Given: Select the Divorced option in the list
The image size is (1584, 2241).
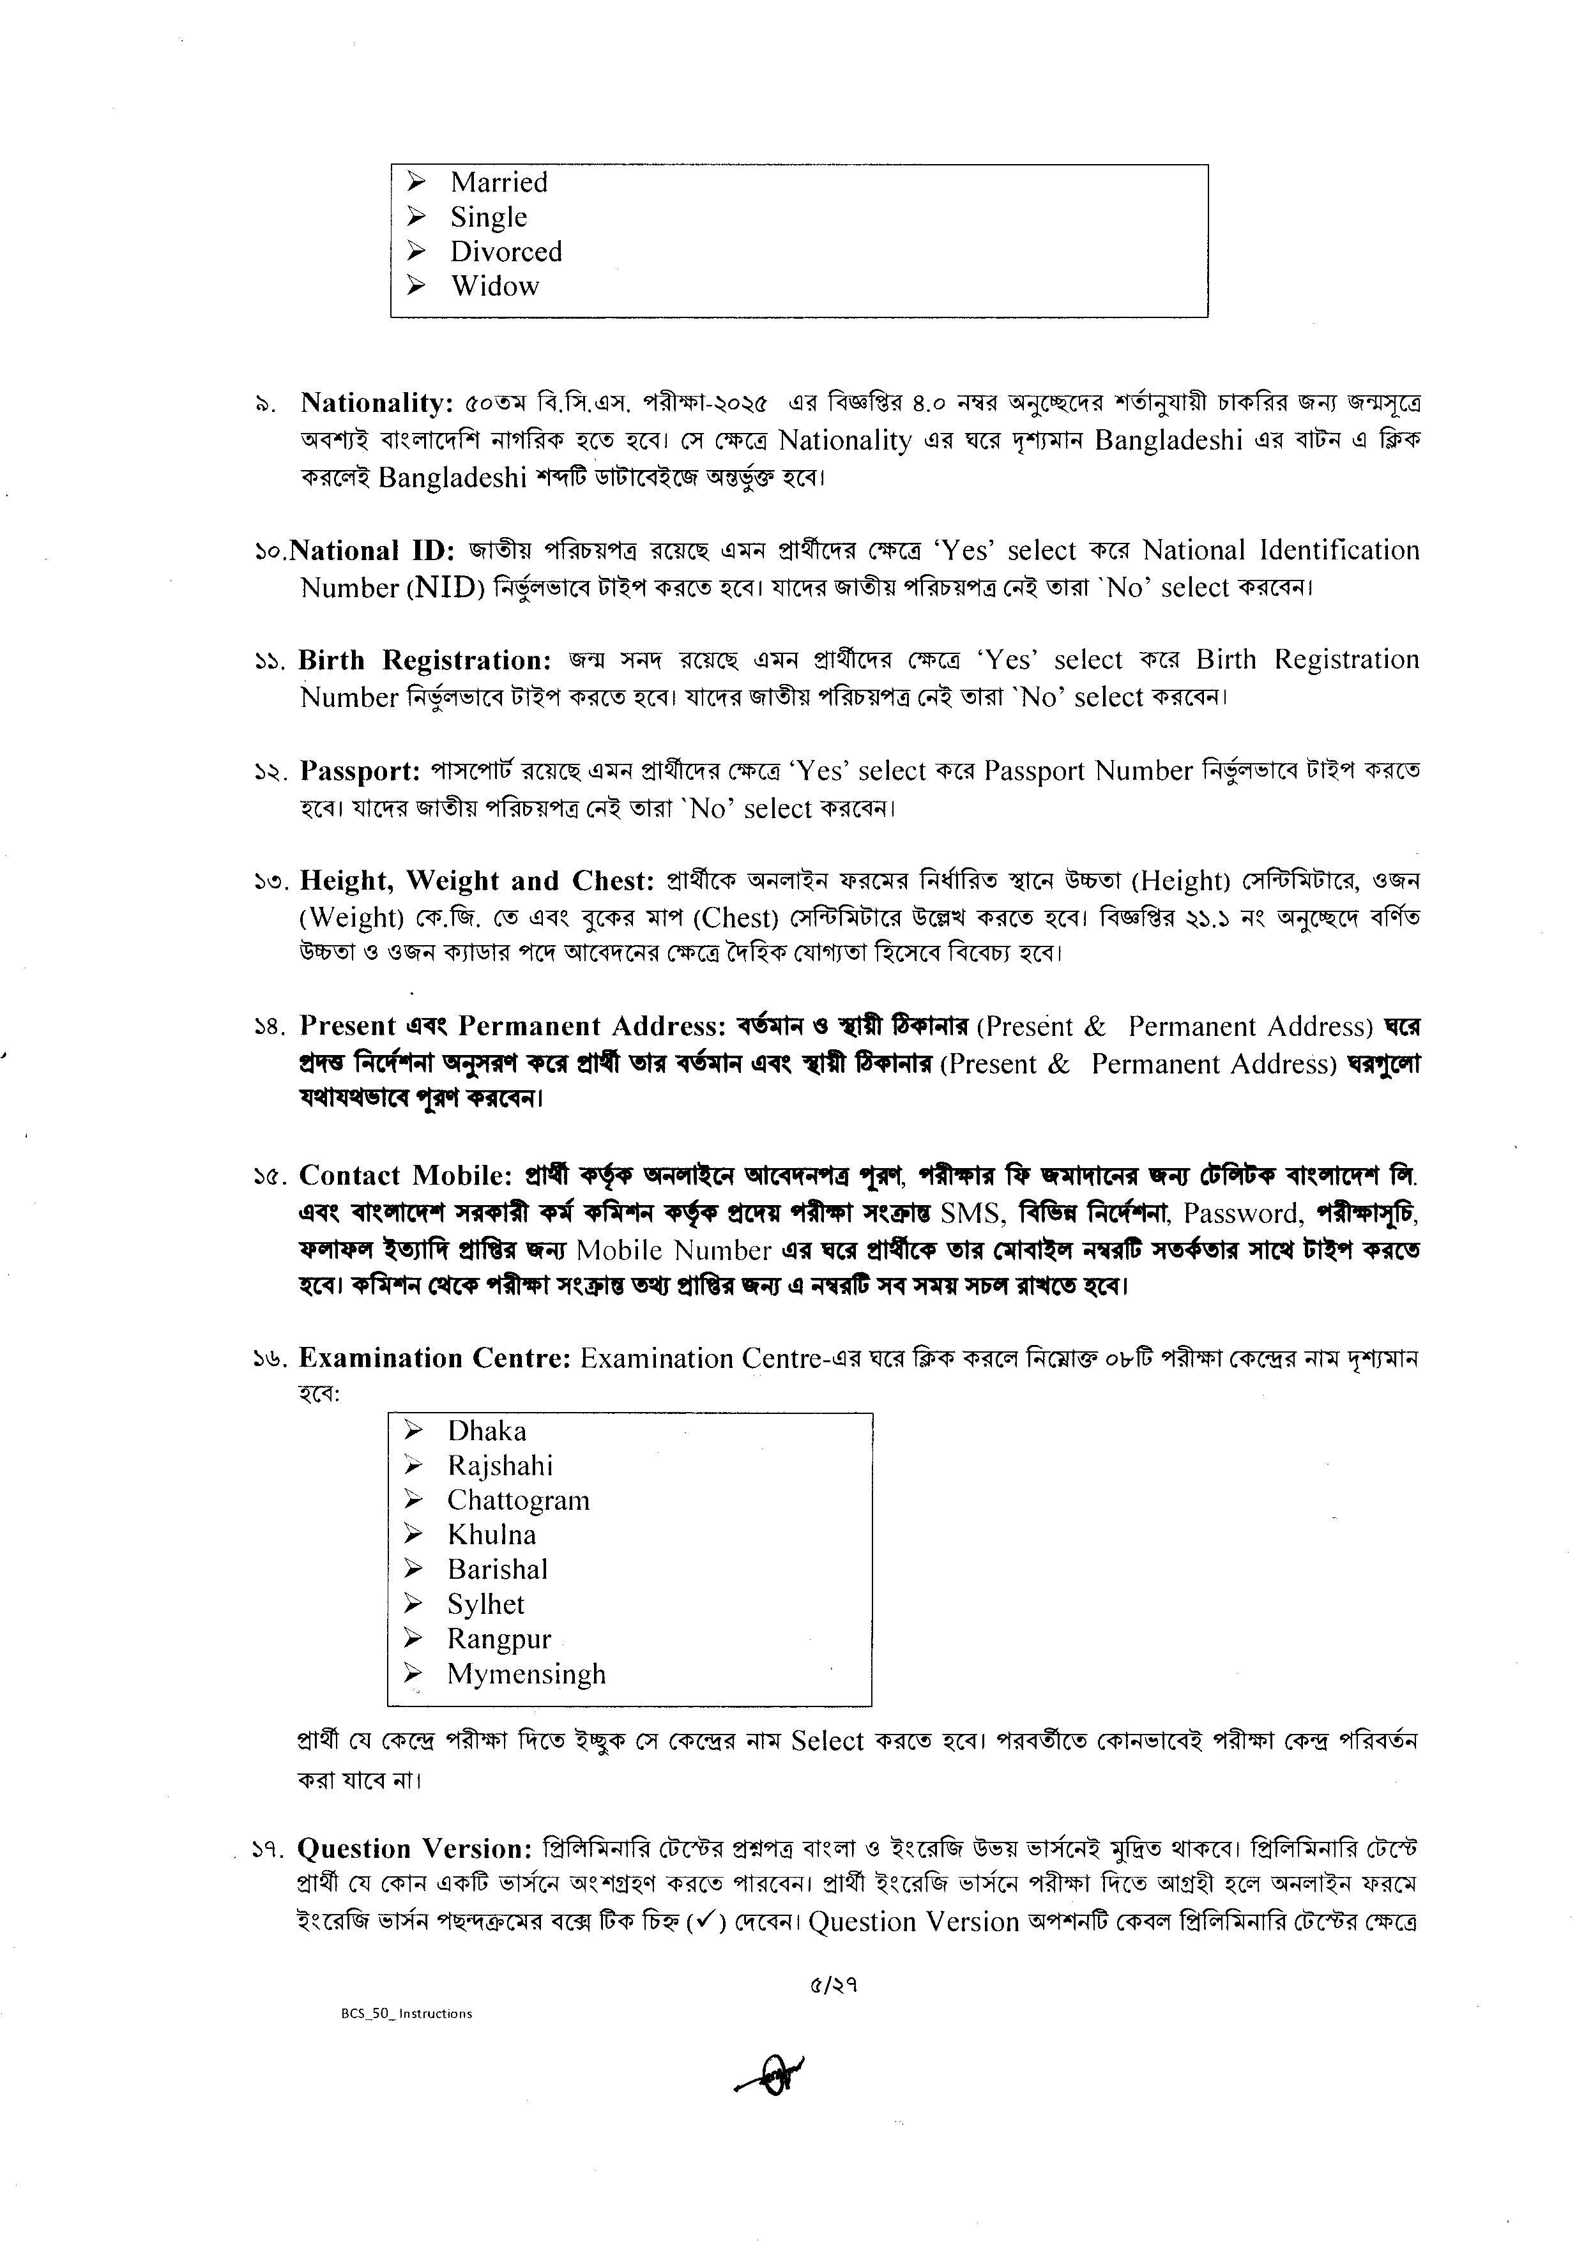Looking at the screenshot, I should [506, 252].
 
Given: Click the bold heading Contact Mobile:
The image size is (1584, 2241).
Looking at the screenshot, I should [406, 1175].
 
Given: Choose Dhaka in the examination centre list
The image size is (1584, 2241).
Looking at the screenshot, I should [486, 1432].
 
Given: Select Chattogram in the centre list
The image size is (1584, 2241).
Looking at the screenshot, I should [518, 1501].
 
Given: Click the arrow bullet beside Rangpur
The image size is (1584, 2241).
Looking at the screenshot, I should [414, 1640].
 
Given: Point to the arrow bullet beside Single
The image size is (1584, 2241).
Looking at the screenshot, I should [416, 217].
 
